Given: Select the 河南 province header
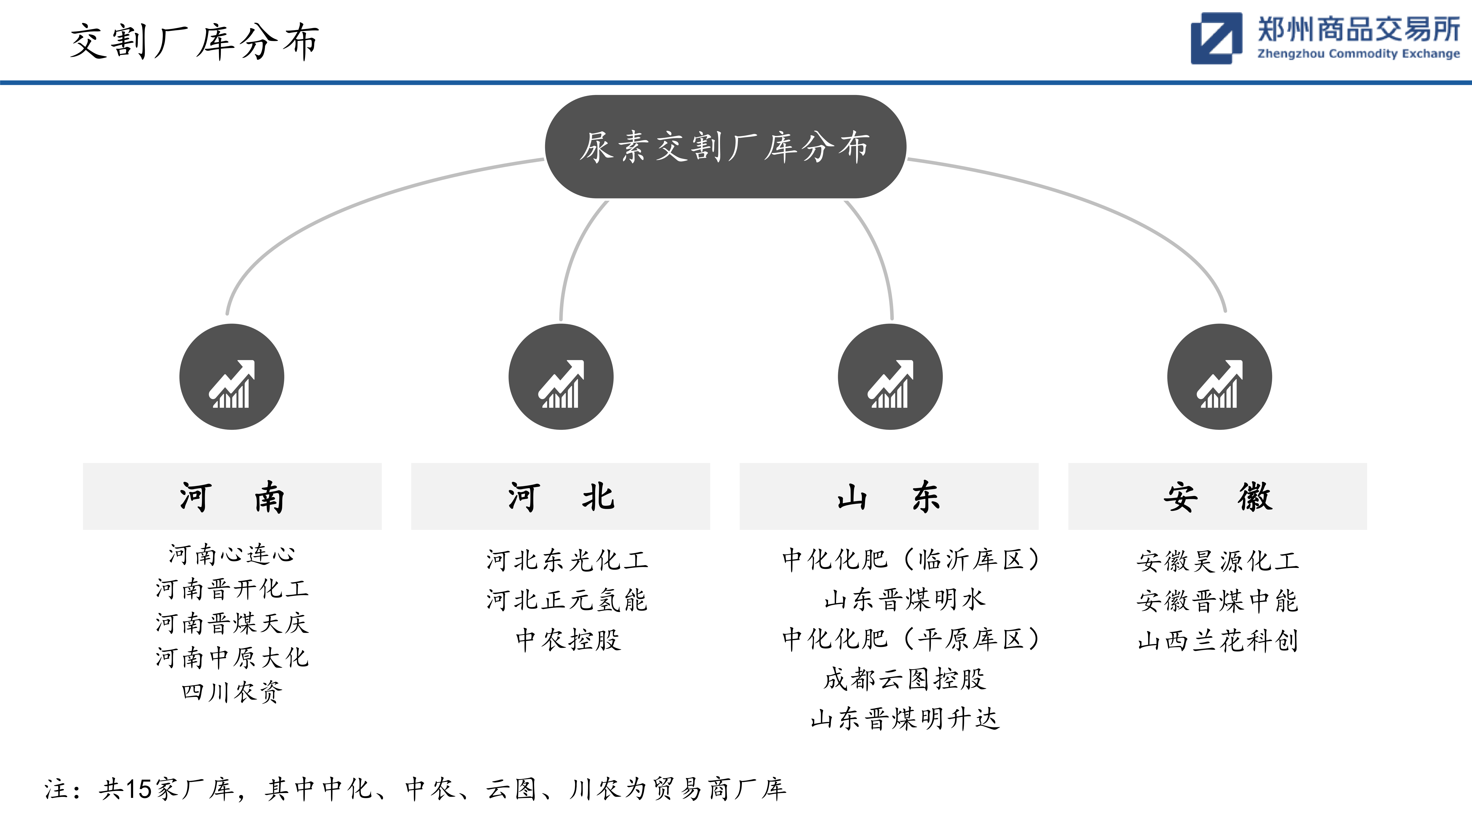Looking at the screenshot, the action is [x=232, y=497].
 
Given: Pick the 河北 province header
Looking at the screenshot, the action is [x=561, y=497].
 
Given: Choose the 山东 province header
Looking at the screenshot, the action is [x=889, y=497].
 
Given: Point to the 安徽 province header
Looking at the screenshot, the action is [x=1218, y=497].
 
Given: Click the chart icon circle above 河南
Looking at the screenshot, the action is [x=232, y=377].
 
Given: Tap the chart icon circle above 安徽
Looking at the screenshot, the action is [x=1219, y=377].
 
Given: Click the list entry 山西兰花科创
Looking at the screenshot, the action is [x=1218, y=641].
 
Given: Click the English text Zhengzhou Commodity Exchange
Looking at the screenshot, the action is [x=1358, y=54].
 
